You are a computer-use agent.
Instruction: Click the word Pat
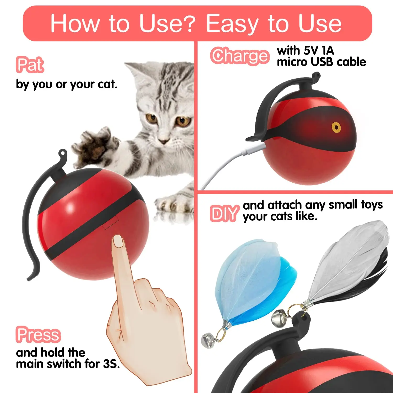(x=30, y=64)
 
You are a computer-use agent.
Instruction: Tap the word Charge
(x=240, y=56)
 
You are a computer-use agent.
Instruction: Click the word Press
(x=38, y=335)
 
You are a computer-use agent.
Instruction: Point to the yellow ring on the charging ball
(x=336, y=128)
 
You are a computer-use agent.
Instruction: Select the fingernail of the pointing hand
(x=118, y=241)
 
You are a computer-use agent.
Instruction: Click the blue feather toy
(x=252, y=280)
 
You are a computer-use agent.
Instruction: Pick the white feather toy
(x=346, y=265)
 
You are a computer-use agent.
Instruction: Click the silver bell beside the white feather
(x=279, y=318)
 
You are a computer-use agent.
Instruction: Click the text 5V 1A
(x=319, y=50)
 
